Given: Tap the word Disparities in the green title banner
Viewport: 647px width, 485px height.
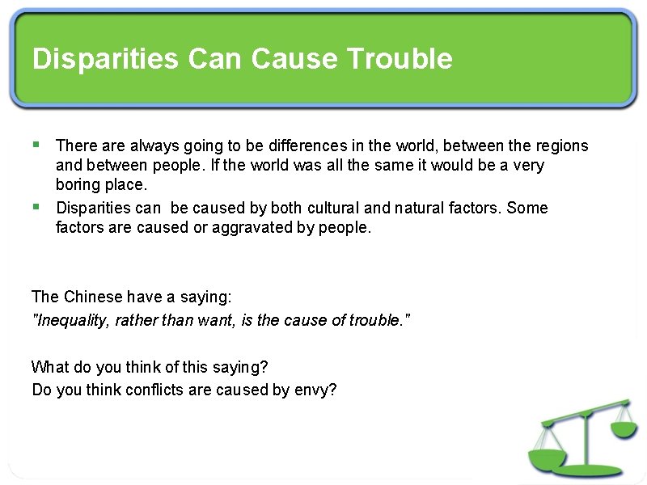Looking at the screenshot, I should click(x=105, y=59).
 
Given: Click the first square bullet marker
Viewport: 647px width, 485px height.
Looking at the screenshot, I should click(x=36, y=145).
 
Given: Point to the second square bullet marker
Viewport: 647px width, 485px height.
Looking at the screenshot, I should click(x=36, y=207).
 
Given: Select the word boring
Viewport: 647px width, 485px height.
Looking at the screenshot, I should click(x=78, y=185).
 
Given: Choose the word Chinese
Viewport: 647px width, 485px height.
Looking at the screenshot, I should click(x=91, y=297).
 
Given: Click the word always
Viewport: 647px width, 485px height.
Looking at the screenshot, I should click(x=154, y=145).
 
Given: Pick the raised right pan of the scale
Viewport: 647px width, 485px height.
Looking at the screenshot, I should click(x=624, y=429).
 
